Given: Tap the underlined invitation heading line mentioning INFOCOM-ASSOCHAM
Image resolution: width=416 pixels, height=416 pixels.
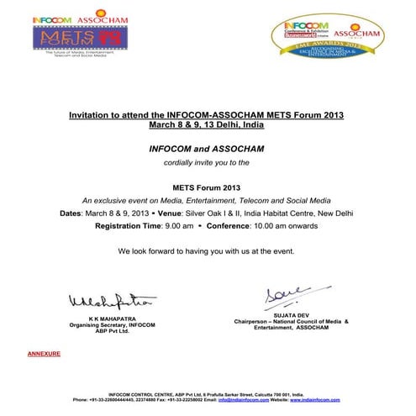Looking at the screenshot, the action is (x=207, y=114).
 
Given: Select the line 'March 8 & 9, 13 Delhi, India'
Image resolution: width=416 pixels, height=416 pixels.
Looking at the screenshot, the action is (x=207, y=124).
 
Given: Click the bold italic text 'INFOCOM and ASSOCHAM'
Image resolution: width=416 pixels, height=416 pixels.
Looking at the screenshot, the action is (x=207, y=149).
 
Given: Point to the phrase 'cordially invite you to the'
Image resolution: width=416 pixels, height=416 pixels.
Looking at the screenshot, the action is (x=207, y=161).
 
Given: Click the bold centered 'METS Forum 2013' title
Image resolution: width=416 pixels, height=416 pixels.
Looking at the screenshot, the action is (x=207, y=187).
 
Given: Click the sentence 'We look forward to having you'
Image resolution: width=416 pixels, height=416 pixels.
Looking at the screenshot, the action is (x=207, y=251).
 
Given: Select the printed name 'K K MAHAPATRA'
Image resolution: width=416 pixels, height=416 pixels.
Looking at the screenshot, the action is (x=99, y=320).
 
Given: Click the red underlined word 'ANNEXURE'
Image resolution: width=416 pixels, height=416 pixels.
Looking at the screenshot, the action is (x=44, y=355).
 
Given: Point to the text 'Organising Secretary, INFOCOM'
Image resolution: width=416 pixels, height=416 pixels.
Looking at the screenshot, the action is (x=99, y=325).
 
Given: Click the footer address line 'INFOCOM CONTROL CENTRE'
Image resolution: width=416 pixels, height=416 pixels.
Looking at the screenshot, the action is (x=207, y=392).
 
